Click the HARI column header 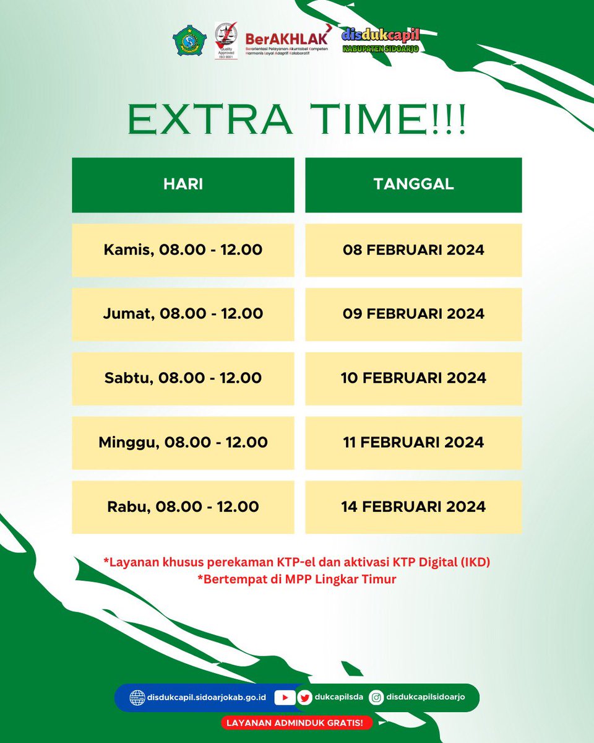183,185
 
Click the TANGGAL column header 413,185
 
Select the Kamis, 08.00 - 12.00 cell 183,250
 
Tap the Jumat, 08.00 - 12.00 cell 183,314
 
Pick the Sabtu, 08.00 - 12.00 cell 183,378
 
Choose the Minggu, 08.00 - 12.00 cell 183,443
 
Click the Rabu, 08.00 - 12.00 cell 183,507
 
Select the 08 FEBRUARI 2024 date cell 413,250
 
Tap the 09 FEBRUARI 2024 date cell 413,314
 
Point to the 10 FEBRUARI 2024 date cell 413,378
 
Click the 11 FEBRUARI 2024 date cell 413,443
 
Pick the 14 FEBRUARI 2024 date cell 413,507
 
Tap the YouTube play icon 285,697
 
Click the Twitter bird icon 304,697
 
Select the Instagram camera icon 376,697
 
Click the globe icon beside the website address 137,697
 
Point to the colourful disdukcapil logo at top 381,40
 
